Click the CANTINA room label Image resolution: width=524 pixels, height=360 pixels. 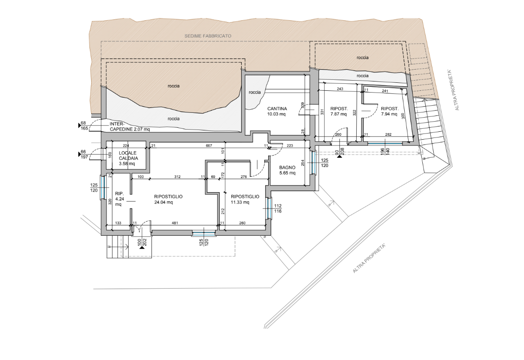click(x=277, y=109)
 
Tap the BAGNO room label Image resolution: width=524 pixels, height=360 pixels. click(x=287, y=168)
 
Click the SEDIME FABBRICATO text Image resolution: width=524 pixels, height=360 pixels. click(x=208, y=36)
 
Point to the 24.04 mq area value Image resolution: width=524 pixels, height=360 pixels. click(x=163, y=202)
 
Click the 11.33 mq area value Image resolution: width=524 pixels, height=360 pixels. click(x=240, y=202)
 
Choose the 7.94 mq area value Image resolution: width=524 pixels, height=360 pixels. click(x=389, y=114)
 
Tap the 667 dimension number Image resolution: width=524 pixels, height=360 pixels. click(x=209, y=145)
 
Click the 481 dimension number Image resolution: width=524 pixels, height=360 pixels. click(x=174, y=223)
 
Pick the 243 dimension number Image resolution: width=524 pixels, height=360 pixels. click(x=340, y=89)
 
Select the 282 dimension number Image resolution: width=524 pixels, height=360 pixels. click(x=387, y=134)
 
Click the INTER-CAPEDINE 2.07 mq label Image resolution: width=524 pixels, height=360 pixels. click(x=129, y=126)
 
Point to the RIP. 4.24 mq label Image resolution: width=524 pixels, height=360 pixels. click(x=119, y=199)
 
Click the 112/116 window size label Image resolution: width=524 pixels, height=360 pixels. click(x=278, y=208)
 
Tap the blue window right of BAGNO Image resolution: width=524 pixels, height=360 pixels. click(x=314, y=163)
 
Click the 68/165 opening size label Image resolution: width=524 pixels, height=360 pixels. click(x=84, y=126)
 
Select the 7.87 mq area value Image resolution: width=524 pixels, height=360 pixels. click(x=338, y=114)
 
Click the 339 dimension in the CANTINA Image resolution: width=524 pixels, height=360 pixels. click(x=303, y=106)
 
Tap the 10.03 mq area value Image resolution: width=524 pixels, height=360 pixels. click(x=277, y=114)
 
